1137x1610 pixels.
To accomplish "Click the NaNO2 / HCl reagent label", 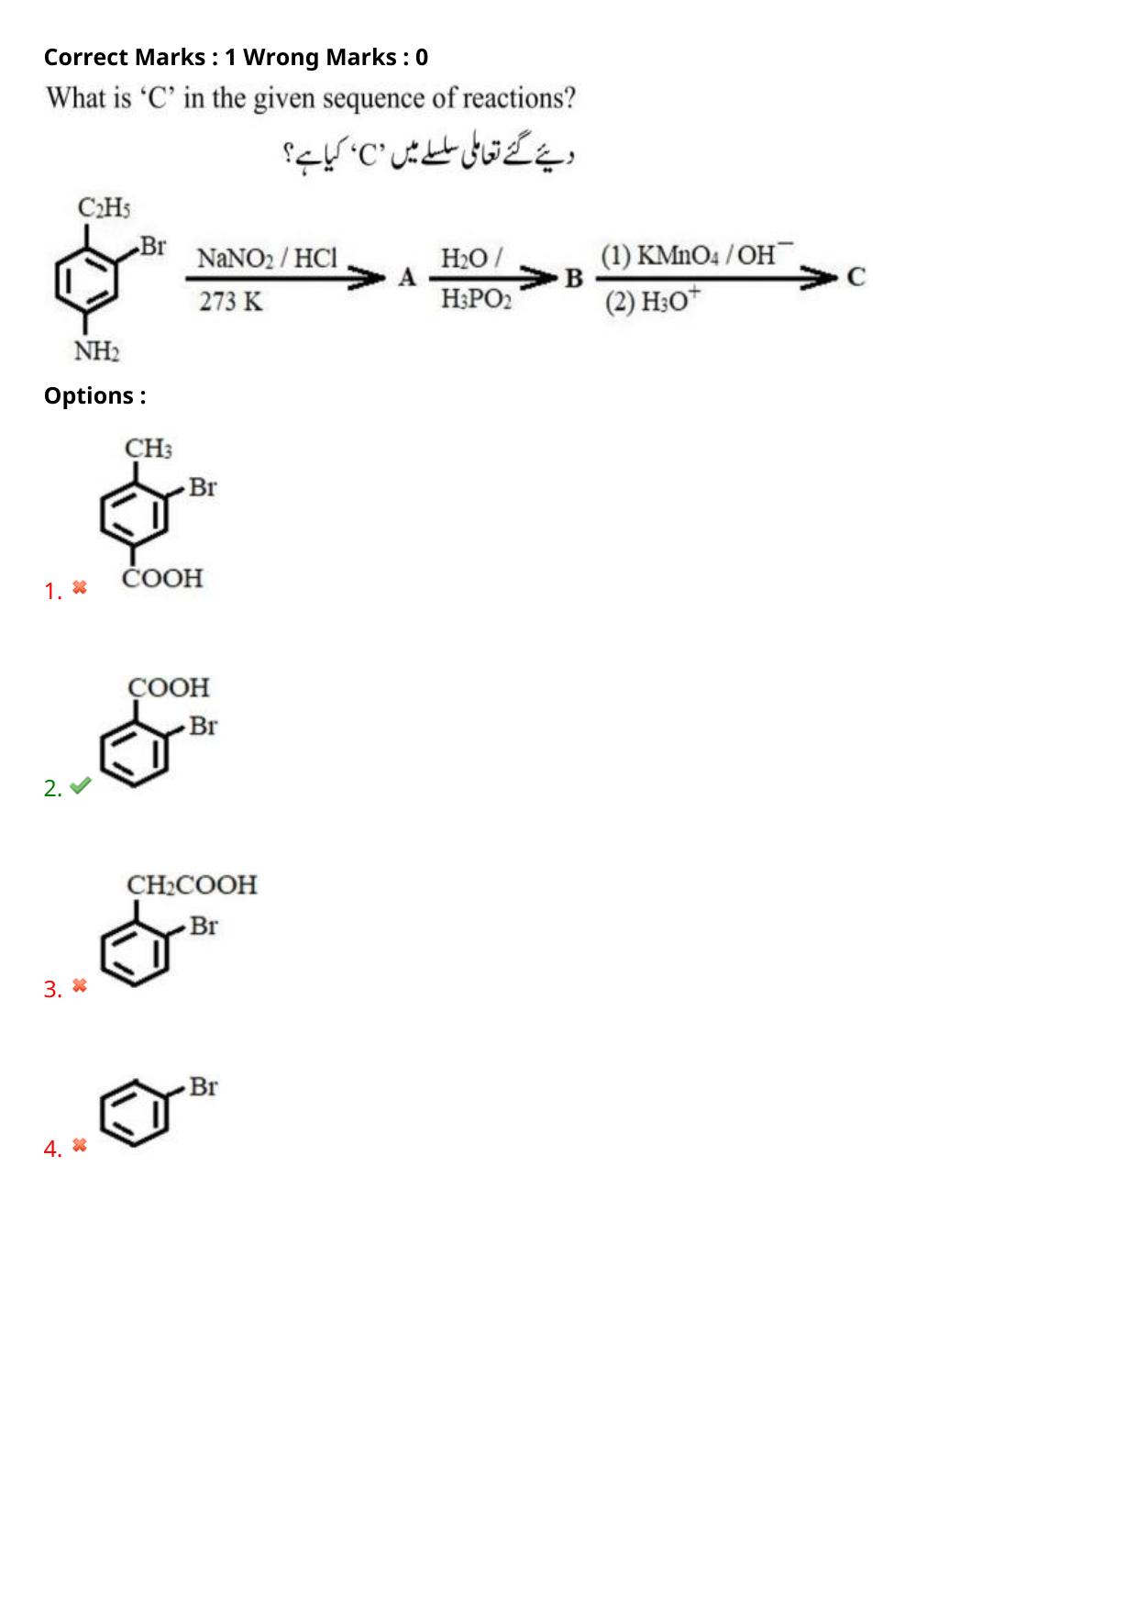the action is tap(268, 259).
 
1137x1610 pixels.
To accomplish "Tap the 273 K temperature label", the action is tap(231, 301).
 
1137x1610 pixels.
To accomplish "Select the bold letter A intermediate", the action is tap(407, 277).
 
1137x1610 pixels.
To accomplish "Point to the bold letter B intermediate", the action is tap(574, 278).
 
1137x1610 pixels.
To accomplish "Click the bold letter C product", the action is tap(856, 277).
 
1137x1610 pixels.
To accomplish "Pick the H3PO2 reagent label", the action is tap(476, 300).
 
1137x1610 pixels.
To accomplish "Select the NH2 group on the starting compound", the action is tap(96, 351).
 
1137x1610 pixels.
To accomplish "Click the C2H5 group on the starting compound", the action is tap(103, 209).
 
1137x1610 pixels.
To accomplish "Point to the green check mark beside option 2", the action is tap(81, 785).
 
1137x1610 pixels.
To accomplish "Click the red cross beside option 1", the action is tap(80, 587).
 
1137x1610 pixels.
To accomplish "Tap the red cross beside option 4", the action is tap(80, 1145).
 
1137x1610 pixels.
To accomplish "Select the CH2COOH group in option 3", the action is tap(192, 885).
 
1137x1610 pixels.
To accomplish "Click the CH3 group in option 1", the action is tap(149, 450).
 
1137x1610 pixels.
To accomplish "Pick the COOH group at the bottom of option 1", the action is tap(162, 578).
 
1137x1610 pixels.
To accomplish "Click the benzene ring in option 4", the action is tap(135, 1115).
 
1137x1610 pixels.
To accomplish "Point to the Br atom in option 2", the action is tap(204, 727).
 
